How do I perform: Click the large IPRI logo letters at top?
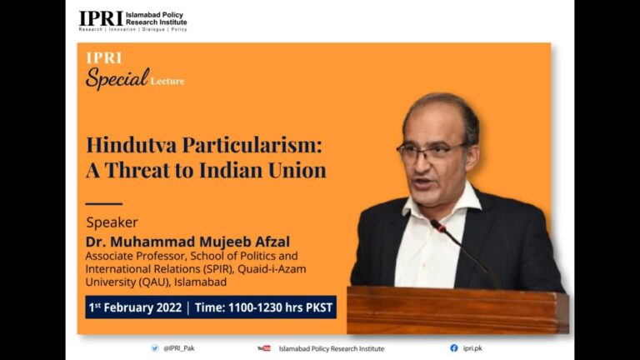pyautogui.click(x=101, y=18)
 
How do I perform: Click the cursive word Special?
pyautogui.click(x=117, y=78)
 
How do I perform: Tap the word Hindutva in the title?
pyautogui.click(x=132, y=145)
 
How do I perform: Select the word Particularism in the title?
pyautogui.click(x=252, y=145)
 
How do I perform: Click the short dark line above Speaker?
pyautogui.click(x=104, y=203)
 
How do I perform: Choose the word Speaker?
pyautogui.click(x=112, y=222)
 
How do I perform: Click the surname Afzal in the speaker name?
pyautogui.click(x=272, y=242)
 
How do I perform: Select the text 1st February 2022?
pyautogui.click(x=135, y=307)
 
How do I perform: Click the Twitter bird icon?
pyautogui.click(x=155, y=348)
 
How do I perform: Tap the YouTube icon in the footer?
pyautogui.click(x=264, y=348)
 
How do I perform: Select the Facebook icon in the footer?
pyautogui.click(x=454, y=348)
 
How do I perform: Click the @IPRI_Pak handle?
pyautogui.click(x=179, y=348)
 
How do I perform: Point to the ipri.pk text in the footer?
pyautogui.click(x=472, y=348)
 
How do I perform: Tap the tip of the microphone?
pyautogui.click(x=433, y=222)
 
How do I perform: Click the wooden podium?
pyautogui.click(x=457, y=310)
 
